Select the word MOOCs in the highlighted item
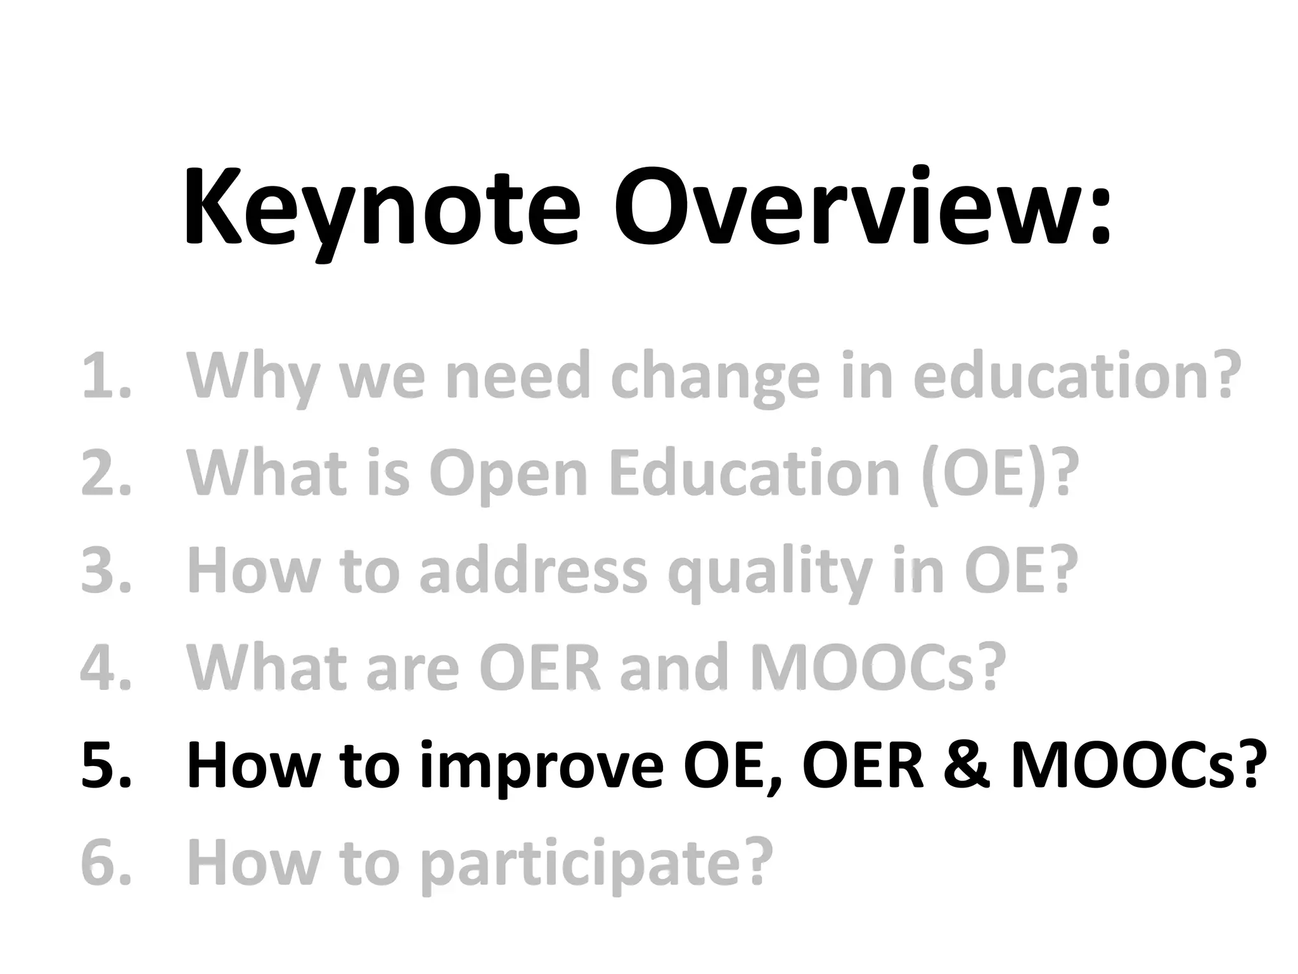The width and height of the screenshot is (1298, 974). [x=1122, y=766]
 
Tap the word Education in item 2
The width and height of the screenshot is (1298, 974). [x=754, y=474]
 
